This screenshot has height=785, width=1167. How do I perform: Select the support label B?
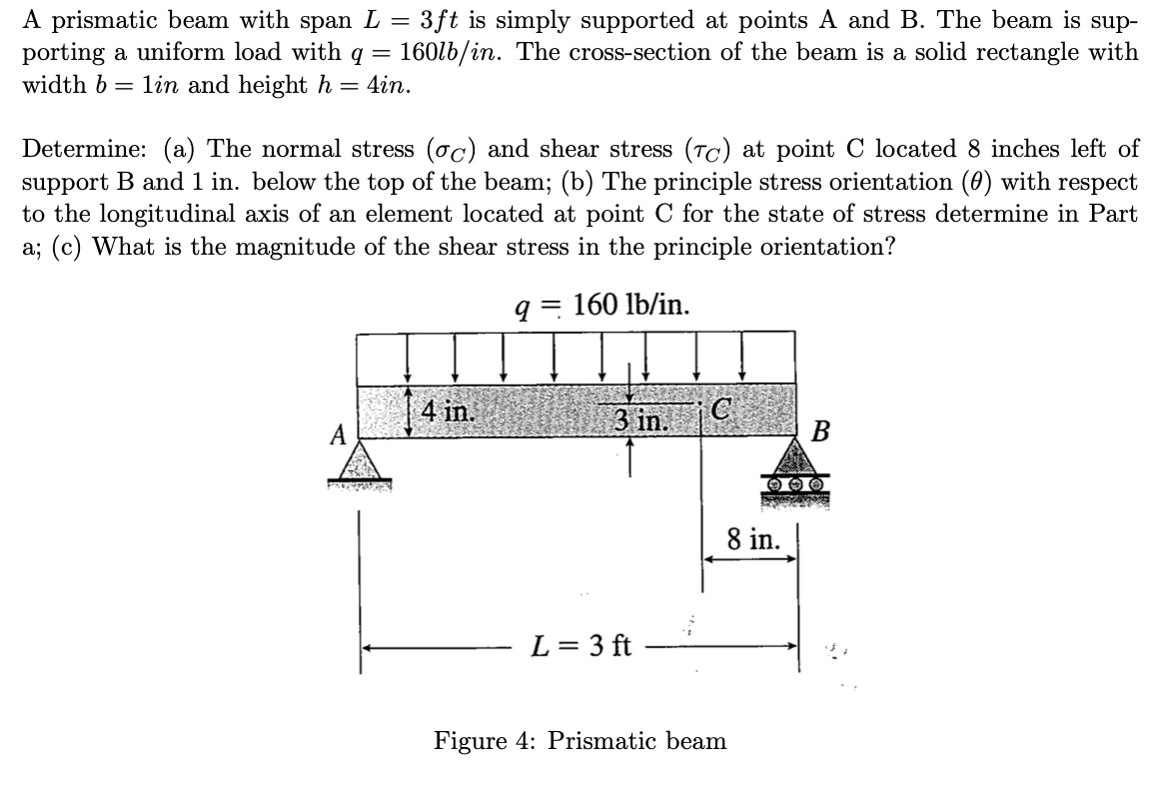(x=822, y=433)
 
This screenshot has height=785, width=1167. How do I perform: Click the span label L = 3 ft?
(x=583, y=645)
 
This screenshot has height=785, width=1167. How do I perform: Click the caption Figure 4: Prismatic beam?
(x=580, y=741)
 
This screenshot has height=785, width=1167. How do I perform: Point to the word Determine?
(x=85, y=150)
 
